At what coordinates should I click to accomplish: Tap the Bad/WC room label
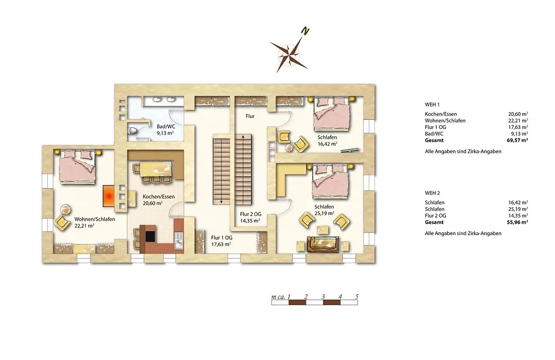click(166, 126)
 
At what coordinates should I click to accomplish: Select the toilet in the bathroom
click(133, 131)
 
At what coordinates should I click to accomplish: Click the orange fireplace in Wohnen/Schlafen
click(109, 196)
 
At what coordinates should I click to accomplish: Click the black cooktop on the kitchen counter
click(151, 237)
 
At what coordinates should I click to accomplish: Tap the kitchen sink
click(179, 241)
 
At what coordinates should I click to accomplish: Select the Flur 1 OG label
click(221, 238)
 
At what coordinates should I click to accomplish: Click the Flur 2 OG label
click(251, 214)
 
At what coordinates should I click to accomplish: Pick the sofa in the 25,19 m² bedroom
click(322, 244)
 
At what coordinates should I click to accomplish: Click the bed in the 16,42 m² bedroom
click(333, 113)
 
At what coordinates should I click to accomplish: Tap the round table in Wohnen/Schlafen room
click(65, 209)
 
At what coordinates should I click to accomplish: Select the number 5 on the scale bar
click(357, 297)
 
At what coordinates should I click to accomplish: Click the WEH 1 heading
click(432, 104)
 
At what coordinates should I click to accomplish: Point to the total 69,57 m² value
click(517, 140)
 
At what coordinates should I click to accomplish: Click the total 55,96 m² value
click(517, 222)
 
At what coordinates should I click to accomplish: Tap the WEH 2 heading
click(432, 193)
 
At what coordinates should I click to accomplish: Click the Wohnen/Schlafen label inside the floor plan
click(95, 219)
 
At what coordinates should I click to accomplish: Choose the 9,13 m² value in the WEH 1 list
click(518, 134)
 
